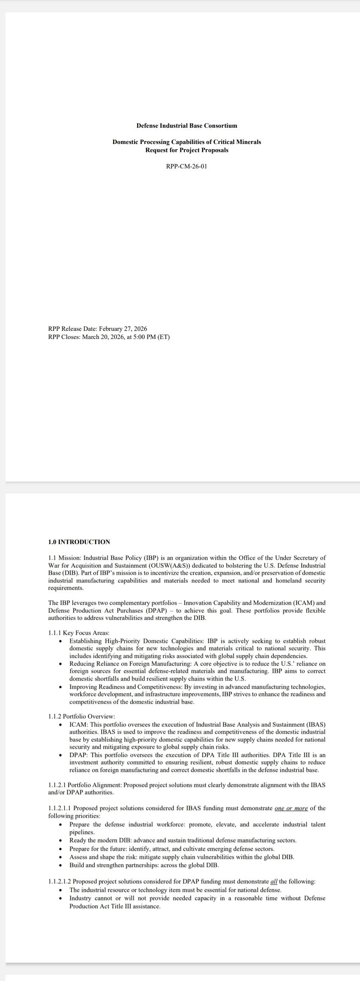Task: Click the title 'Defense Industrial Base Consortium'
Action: [x=186, y=126]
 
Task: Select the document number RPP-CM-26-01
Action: [x=186, y=166]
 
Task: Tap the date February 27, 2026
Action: [x=123, y=329]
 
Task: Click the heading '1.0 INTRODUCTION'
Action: [x=79, y=542]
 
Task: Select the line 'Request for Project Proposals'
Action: [x=186, y=150]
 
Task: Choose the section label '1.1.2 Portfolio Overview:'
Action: [x=81, y=716]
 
